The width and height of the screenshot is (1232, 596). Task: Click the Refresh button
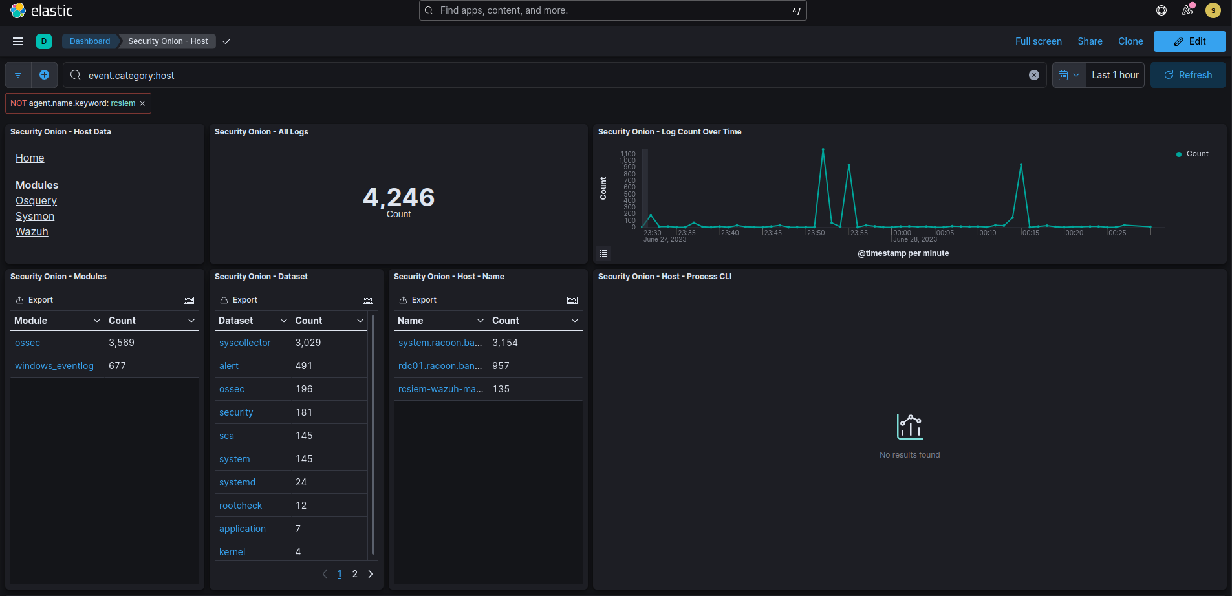(1188, 75)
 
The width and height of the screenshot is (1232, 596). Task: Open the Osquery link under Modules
(36, 200)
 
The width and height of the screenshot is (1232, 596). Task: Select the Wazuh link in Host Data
(32, 231)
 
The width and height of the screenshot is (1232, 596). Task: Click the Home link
(30, 158)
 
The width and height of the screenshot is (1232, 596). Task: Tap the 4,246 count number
(398, 197)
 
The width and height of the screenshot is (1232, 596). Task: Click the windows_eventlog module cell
(54, 366)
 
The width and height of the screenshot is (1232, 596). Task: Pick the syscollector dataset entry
(244, 343)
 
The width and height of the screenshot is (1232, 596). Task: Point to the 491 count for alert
(304, 366)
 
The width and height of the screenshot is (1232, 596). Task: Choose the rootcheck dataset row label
(241, 506)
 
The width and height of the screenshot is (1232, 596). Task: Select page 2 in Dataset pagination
(354, 574)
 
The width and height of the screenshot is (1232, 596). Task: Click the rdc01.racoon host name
(440, 366)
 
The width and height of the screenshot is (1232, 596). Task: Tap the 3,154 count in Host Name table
(505, 343)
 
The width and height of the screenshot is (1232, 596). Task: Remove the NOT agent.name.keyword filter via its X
(142, 103)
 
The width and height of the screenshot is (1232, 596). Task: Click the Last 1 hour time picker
(1114, 75)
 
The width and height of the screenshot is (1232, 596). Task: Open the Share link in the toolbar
(1090, 41)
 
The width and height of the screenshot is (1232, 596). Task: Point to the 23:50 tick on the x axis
(816, 233)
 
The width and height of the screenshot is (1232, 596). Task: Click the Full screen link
(1038, 41)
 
